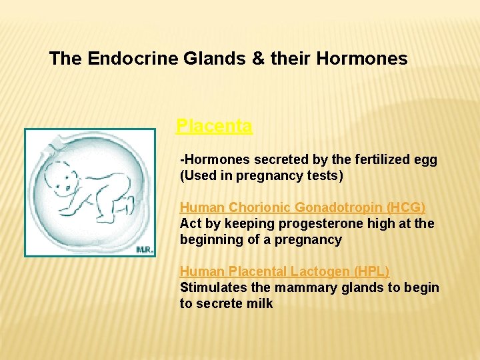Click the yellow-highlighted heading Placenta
pos(214,126)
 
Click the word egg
pos(427,161)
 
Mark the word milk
pos(260,304)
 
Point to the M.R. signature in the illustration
pos(145,248)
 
